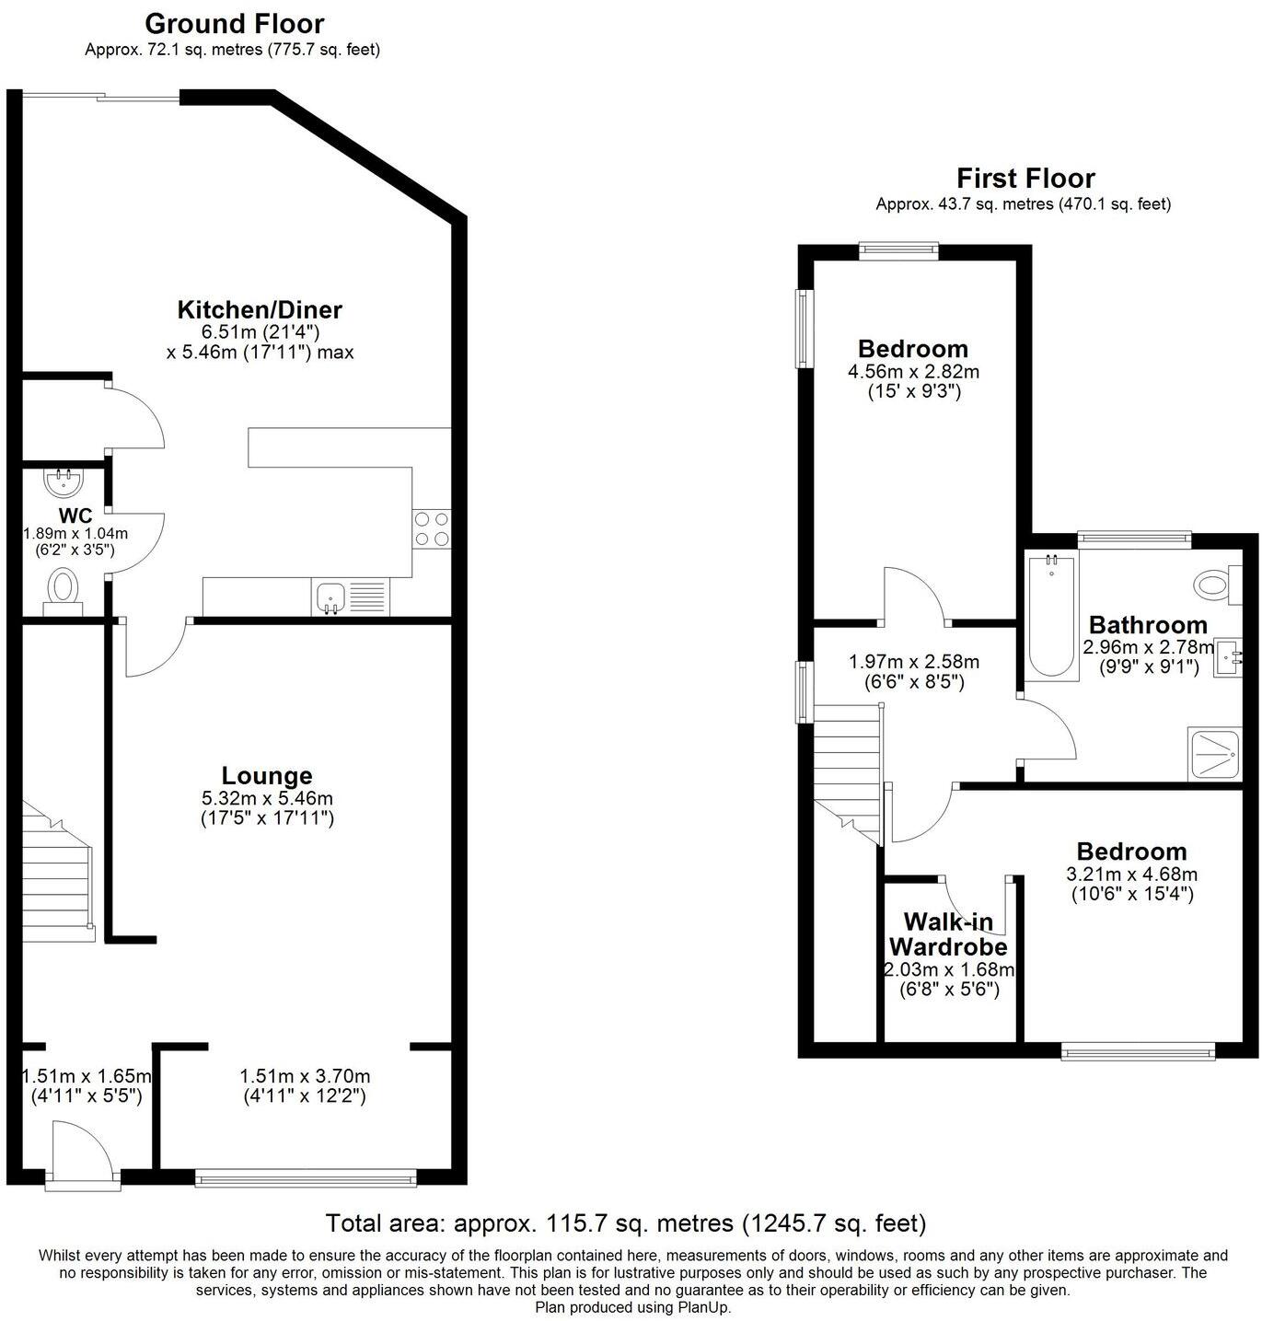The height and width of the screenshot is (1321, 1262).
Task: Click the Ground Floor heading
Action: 234,23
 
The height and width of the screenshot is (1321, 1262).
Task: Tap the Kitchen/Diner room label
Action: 260,309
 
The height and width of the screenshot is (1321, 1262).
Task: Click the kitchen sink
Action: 330,598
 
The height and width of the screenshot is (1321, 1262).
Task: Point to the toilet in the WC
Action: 63,589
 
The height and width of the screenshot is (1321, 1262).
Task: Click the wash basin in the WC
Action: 64,481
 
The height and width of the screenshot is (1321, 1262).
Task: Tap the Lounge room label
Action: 267,776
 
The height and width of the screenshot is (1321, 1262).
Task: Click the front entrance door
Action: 83,1153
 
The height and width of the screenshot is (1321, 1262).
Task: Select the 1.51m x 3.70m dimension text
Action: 305,1076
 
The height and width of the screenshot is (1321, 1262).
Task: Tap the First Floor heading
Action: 1025,178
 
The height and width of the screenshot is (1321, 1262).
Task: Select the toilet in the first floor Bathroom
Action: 1214,582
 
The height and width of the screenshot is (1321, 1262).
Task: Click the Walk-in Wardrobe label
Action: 948,934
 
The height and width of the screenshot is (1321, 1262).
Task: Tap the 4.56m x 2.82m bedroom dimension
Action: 913,372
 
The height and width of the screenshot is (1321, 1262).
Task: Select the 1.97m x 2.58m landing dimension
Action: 913,662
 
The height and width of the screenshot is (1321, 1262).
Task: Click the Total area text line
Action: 626,1223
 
